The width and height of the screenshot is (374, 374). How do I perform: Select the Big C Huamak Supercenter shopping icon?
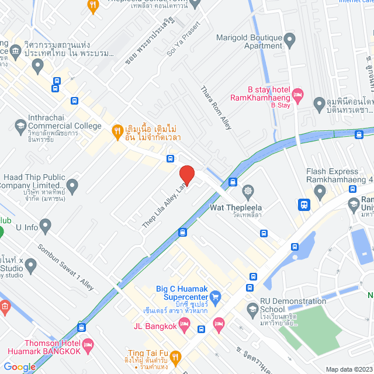pos(216,296)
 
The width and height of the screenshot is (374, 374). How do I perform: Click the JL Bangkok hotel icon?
pos(219,323)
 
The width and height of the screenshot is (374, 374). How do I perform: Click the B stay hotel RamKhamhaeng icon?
pos(297,93)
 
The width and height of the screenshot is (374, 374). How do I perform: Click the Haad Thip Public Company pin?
pos(72,187)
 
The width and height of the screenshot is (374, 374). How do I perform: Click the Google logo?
pos(19,366)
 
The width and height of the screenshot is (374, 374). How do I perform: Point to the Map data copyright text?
pos(348,369)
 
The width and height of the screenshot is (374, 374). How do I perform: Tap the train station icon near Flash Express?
pos(304,205)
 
